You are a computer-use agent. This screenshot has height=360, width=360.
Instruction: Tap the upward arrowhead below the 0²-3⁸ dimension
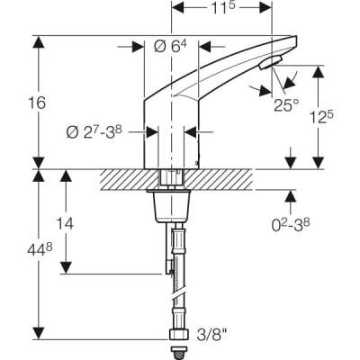pos(290,194)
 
